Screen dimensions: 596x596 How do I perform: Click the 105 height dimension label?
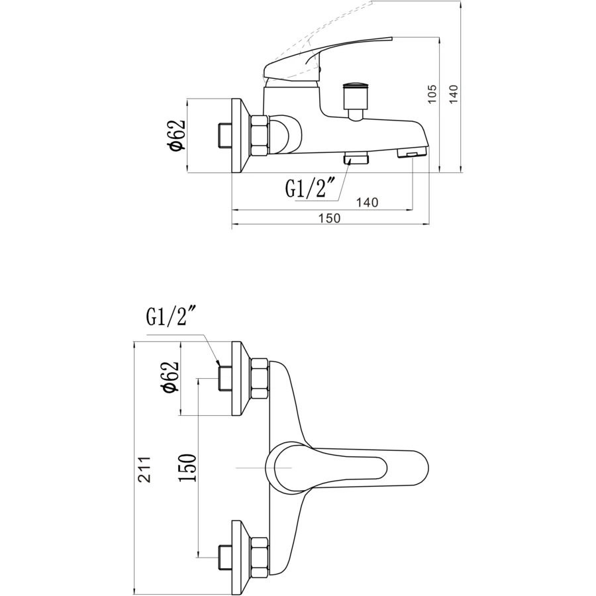point(432,94)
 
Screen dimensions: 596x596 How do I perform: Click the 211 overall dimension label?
point(144,469)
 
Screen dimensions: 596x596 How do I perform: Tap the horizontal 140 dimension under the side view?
point(367,202)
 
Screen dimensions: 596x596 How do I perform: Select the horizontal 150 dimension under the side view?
point(330,218)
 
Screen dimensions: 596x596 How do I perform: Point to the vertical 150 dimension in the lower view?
point(188,468)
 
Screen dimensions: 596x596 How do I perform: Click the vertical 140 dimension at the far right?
point(454,93)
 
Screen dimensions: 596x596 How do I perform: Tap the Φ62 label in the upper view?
point(177,135)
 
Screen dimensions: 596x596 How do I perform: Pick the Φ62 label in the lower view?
point(170,376)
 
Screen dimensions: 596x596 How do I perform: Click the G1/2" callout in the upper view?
point(310,188)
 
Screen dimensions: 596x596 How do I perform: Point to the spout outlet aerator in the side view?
point(412,153)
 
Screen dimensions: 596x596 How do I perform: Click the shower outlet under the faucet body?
point(356,158)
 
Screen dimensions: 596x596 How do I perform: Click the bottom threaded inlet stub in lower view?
point(224,557)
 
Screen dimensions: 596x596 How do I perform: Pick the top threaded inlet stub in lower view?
point(224,378)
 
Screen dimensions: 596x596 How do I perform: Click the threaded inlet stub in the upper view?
point(224,135)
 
